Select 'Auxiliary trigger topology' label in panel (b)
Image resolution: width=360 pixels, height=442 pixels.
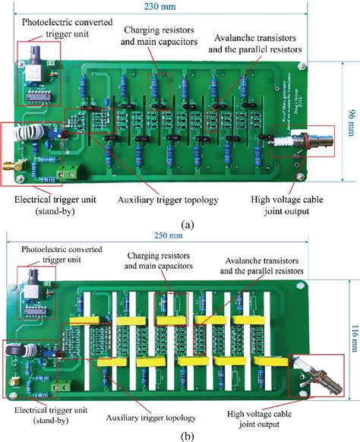pos(151,418)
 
